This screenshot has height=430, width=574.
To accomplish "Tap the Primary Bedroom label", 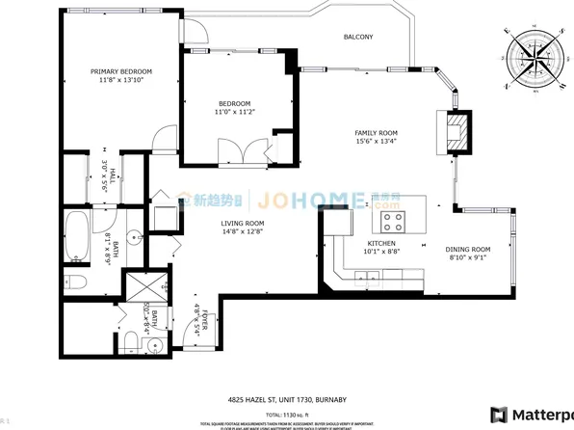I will tap(121, 76).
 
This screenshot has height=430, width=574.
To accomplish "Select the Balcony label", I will tap(358, 38).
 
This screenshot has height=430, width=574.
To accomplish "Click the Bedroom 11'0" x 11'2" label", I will tap(234, 108).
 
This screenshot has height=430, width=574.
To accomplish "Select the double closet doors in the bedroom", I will tap(244, 152).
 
